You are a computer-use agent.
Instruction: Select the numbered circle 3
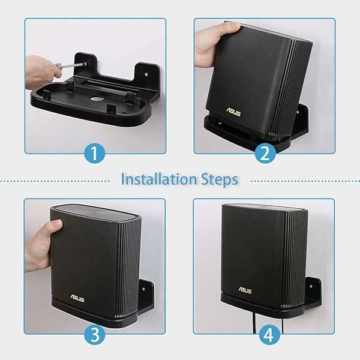click(95, 335)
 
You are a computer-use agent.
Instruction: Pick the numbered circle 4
click(265, 335)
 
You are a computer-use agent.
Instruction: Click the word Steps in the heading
click(220, 179)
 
